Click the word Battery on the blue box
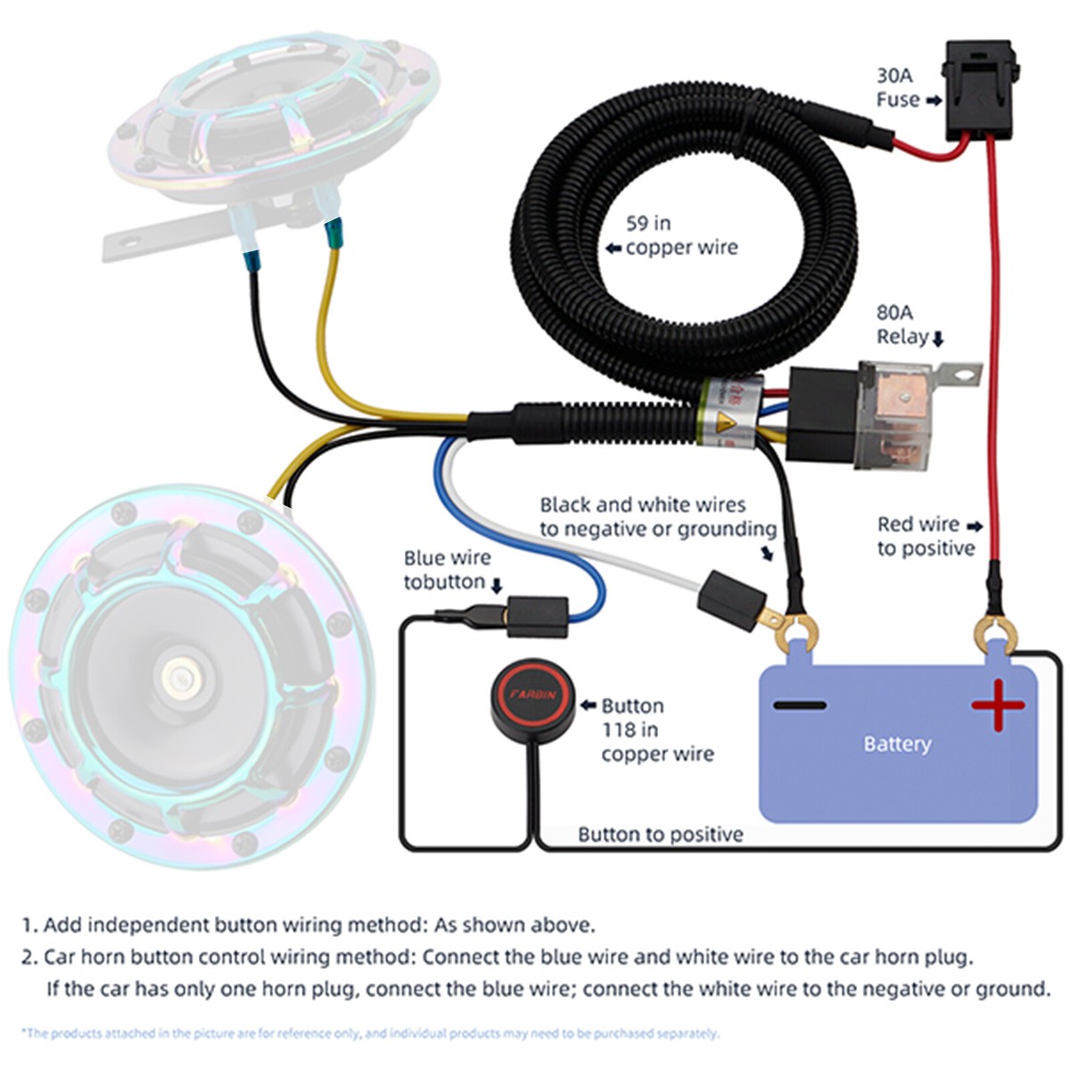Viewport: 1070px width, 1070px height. [x=897, y=744]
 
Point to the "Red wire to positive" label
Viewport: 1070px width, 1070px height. [x=927, y=536]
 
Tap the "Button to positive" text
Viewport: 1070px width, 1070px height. [x=660, y=835]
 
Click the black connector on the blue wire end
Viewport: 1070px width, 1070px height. [x=537, y=616]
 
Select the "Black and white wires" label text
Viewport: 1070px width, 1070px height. [x=642, y=505]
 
